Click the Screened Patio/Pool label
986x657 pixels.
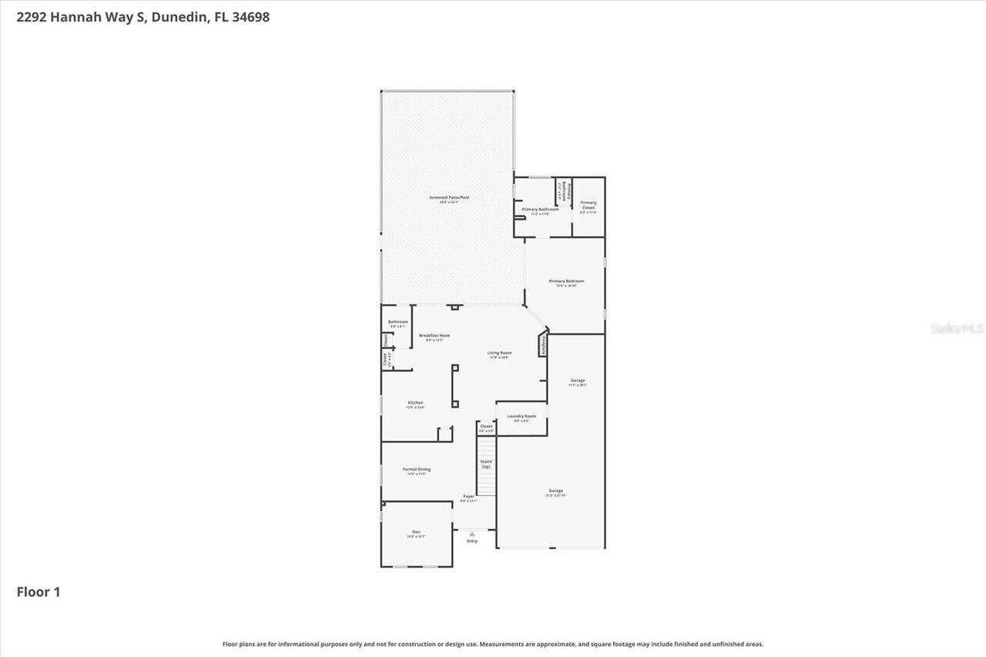click(x=448, y=198)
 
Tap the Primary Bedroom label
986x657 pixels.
click(x=566, y=281)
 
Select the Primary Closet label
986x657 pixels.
click(x=589, y=206)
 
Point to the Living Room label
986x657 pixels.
click(x=499, y=353)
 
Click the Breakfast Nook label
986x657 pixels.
click(x=434, y=336)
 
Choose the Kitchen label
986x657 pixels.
click(x=415, y=403)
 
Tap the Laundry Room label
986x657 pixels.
click(x=522, y=416)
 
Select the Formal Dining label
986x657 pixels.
click(x=417, y=469)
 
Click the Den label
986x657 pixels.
click(x=416, y=532)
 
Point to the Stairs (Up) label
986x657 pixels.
click(x=486, y=464)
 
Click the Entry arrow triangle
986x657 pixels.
click(x=472, y=533)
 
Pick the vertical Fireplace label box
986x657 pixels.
click(x=545, y=345)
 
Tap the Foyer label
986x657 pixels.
click(x=468, y=497)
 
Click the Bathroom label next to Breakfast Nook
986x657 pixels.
click(x=398, y=322)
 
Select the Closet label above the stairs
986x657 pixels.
click(x=486, y=426)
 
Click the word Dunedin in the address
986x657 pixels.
click(x=177, y=16)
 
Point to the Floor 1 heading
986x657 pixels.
click(x=39, y=592)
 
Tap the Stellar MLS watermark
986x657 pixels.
click(x=957, y=328)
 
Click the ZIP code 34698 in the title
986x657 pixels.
click(x=250, y=16)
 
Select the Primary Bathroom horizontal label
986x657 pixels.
click(x=540, y=210)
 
